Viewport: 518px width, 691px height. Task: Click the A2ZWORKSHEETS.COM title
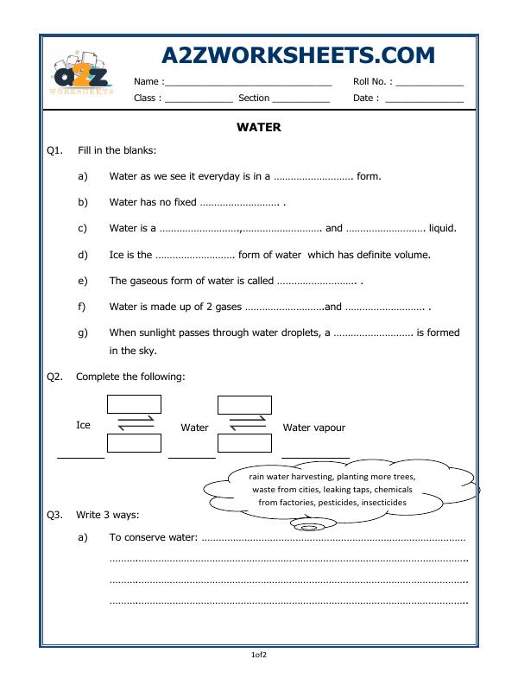click(x=298, y=54)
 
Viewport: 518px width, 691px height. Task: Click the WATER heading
click(x=258, y=127)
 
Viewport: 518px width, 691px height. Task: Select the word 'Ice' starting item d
click(x=117, y=255)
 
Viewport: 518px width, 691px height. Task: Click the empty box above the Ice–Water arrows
click(x=134, y=403)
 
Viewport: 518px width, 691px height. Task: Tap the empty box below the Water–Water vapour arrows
click(x=245, y=443)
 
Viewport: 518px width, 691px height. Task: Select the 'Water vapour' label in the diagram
click(x=313, y=428)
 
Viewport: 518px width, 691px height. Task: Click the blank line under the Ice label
click(x=80, y=457)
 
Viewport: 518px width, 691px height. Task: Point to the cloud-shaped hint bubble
click(x=332, y=489)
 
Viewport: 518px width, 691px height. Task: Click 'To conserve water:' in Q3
click(x=154, y=537)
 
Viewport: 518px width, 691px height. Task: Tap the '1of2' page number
click(x=259, y=656)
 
